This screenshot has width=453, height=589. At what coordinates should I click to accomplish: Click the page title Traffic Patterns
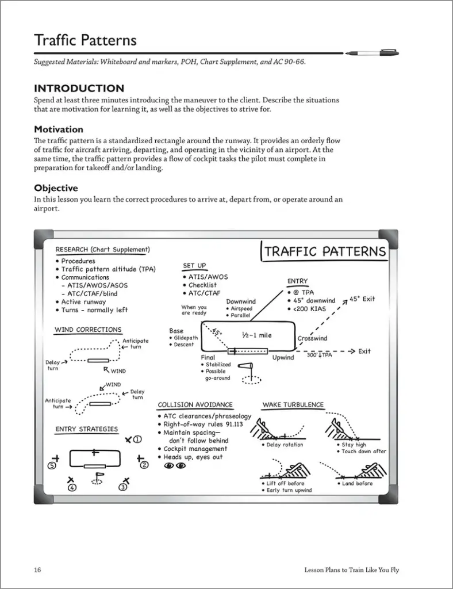pyautogui.click(x=85, y=40)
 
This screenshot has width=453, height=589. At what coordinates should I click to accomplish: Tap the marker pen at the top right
pyautogui.click(x=373, y=53)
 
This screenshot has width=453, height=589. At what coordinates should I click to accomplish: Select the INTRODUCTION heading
pyautogui.click(x=79, y=88)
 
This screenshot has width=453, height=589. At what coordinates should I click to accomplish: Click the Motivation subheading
pyautogui.click(x=59, y=129)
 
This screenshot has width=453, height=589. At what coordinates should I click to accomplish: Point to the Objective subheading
pyautogui.click(x=56, y=188)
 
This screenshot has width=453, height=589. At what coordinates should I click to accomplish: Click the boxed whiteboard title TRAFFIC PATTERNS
pyautogui.click(x=325, y=252)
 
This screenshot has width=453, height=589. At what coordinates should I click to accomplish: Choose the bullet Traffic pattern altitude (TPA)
pyautogui.click(x=108, y=269)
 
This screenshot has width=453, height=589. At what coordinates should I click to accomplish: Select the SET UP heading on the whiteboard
pyautogui.click(x=194, y=266)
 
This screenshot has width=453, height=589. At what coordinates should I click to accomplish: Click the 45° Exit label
pyautogui.click(x=362, y=299)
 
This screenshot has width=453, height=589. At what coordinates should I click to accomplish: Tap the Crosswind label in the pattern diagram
pyautogui.click(x=312, y=338)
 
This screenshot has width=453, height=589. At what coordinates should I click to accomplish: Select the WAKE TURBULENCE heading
pyautogui.click(x=293, y=405)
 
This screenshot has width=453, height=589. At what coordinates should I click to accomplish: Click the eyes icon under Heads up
pyautogui.click(x=175, y=466)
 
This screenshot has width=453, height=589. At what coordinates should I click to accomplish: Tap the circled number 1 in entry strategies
pyautogui.click(x=137, y=439)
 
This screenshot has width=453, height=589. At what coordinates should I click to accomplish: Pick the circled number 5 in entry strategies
pyautogui.click(x=52, y=465)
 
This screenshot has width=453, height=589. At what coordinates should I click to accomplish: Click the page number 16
pyautogui.click(x=37, y=570)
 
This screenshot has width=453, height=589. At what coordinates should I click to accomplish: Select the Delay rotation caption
pyautogui.click(x=284, y=445)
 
